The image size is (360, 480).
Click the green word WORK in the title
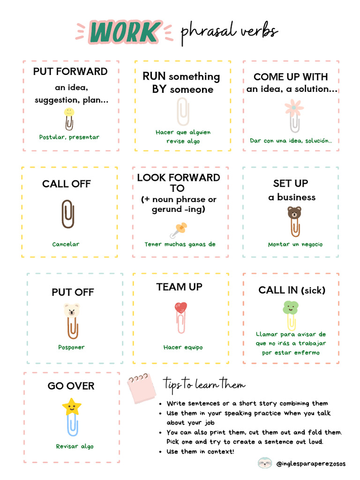124,32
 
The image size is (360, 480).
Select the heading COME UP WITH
290,77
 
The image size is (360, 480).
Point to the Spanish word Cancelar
66,244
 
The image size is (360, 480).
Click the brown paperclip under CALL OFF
68,214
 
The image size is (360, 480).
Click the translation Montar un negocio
295,244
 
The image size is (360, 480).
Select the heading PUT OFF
73,292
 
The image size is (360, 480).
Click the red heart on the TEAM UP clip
181,307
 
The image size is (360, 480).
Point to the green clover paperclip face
290,308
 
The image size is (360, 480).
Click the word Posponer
71,347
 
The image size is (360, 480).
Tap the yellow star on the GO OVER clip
71,407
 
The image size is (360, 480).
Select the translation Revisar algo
75,446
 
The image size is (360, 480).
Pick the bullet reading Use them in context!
201,451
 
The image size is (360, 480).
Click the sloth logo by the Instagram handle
264,463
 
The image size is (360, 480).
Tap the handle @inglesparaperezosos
311,464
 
